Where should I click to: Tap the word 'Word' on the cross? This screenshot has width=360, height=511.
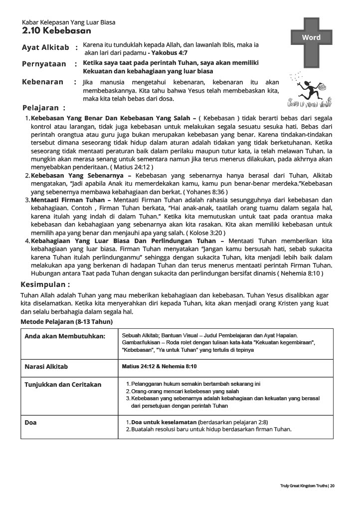(311, 37)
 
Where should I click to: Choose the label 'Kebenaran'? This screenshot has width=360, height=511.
(43, 82)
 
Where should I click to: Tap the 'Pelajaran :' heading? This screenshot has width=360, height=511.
(44, 108)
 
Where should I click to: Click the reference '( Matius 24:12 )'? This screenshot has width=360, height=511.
(132, 167)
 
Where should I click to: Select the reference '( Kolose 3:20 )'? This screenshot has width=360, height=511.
(205, 233)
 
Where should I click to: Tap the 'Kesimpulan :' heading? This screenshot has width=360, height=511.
(45, 284)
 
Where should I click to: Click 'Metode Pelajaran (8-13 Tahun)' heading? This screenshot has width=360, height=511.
(66, 322)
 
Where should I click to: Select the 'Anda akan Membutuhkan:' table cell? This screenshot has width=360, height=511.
(65, 336)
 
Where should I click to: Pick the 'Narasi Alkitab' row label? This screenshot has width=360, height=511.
(46, 367)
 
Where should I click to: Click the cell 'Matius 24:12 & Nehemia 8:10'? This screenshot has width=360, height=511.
(159, 367)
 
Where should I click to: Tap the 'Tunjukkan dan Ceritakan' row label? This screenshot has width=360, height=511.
(63, 385)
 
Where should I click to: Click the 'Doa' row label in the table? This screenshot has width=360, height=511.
(31, 423)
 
